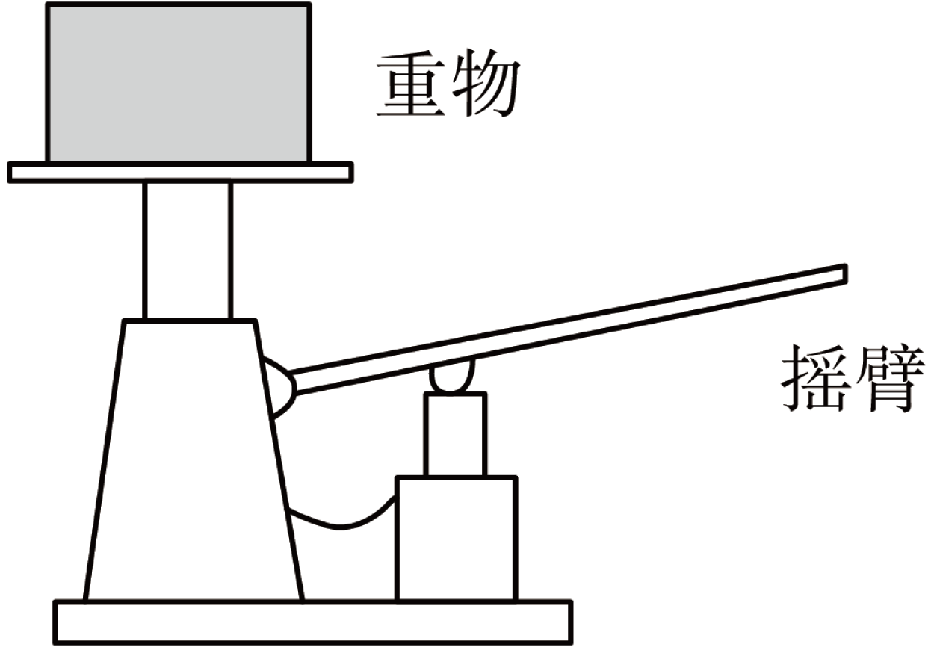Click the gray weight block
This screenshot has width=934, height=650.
point(179,82)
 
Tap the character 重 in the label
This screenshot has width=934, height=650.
point(411,83)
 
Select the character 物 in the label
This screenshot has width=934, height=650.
point(486,83)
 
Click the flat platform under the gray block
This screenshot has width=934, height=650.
point(180,172)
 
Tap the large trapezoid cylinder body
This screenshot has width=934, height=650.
point(193,461)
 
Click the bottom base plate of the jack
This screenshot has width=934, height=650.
point(313,622)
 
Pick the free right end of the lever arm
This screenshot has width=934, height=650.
point(845,274)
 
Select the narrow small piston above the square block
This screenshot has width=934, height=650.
point(455,434)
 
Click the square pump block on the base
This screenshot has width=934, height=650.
point(457,539)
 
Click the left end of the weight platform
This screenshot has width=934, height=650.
point(9,172)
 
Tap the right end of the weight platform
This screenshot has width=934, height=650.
point(351,172)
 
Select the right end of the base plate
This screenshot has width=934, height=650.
point(571,622)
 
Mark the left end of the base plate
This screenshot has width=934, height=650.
point(55,622)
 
